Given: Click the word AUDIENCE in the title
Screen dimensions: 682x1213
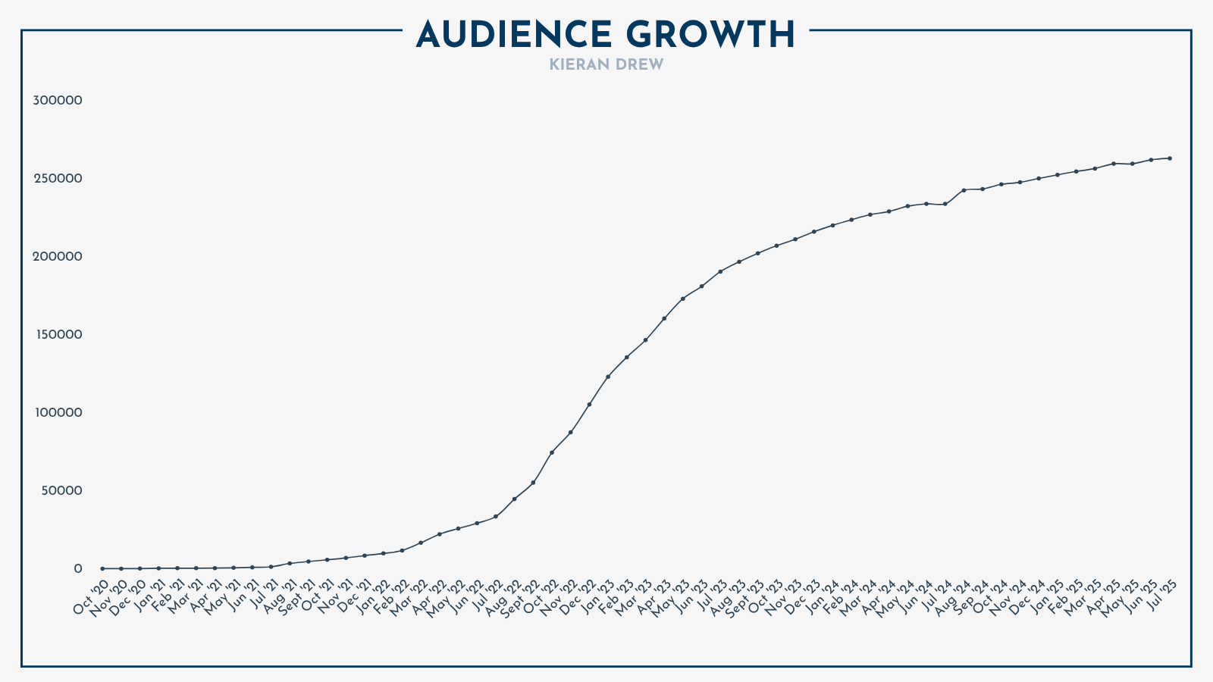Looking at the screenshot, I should pyautogui.click(x=514, y=35).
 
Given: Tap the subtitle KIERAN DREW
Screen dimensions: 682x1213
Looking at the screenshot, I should pyautogui.click(x=606, y=65).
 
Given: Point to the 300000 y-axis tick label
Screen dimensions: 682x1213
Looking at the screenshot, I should pyautogui.click(x=58, y=101).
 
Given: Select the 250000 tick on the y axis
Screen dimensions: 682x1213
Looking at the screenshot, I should pyautogui.click(x=58, y=179).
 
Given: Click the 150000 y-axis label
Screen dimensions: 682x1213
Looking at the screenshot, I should pyautogui.click(x=58, y=335).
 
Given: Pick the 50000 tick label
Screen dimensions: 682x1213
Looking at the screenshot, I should pyautogui.click(x=61, y=491).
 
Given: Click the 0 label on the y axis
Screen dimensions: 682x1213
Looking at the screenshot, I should pyautogui.click(x=77, y=569).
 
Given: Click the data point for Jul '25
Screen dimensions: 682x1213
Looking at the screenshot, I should pyautogui.click(x=1170, y=158).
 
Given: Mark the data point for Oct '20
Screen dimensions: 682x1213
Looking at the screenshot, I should pyautogui.click(x=102, y=568).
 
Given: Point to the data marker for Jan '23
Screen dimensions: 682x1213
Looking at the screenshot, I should pyautogui.click(x=608, y=377).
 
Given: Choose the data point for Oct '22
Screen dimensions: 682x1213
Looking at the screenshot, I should pyautogui.click(x=552, y=452).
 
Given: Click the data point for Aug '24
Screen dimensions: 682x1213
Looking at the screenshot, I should pyautogui.click(x=964, y=190).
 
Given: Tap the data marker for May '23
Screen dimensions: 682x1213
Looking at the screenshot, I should pyautogui.click(x=683, y=299).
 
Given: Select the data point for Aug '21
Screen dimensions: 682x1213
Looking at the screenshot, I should pyautogui.click(x=290, y=563).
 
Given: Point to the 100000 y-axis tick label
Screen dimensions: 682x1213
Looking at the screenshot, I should pyautogui.click(x=58, y=413).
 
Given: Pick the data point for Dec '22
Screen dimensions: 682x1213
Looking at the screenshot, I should pyautogui.click(x=589, y=405).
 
